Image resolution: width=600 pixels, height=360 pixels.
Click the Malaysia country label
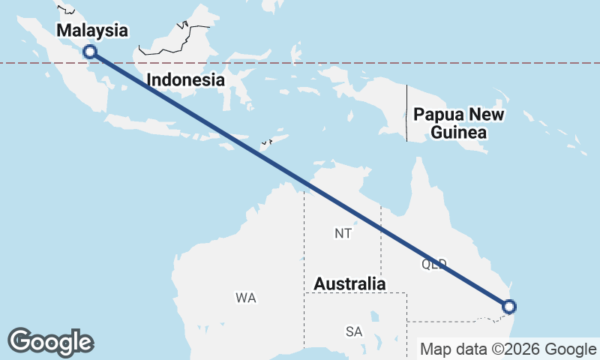click(92, 31)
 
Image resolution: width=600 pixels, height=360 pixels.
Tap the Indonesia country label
click(186, 79)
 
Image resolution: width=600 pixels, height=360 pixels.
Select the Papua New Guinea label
click(459, 124)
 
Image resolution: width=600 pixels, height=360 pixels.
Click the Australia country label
click(349, 284)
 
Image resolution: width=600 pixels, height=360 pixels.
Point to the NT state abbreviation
click(343, 234)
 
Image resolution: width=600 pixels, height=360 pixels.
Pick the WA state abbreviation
click(246, 298)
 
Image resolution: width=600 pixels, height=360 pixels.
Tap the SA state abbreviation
click(354, 331)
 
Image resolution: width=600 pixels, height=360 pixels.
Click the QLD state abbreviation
click(434, 264)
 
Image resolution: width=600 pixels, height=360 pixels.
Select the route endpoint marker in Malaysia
click(90, 52)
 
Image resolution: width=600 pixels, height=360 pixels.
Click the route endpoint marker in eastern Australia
click(509, 306)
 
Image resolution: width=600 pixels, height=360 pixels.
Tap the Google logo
click(51, 342)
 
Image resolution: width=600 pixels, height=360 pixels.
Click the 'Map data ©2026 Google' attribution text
click(508, 349)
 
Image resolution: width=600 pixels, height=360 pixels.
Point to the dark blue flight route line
click(300, 179)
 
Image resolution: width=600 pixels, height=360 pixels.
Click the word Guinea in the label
click(459, 133)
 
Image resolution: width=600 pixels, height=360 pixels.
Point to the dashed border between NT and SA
click(352, 292)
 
